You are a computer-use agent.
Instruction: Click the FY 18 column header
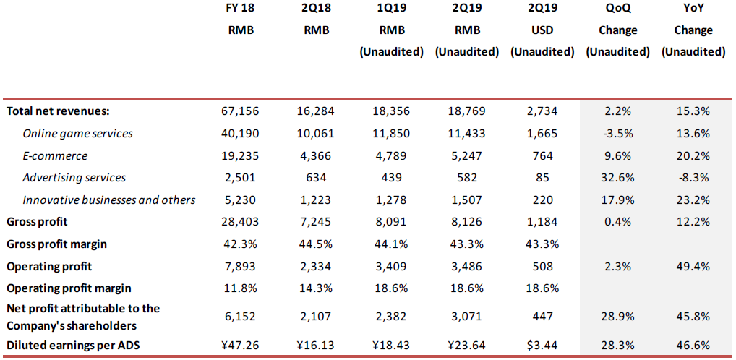pos(240,9)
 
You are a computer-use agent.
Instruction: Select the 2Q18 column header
pos(315,9)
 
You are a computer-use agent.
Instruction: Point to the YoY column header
pos(693,9)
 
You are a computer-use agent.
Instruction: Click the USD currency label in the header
pos(541,30)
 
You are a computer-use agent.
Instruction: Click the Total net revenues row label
pos(58,111)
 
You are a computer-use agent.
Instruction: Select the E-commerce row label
pos(55,155)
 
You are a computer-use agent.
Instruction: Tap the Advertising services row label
pos(74,178)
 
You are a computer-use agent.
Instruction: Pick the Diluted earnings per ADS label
pos(73,346)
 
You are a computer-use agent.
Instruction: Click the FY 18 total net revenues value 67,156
pos(240,111)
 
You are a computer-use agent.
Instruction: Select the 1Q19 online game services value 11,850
pos(391,134)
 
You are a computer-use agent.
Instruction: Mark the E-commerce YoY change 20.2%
pos(693,155)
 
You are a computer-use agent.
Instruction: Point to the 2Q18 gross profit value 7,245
pos(315,222)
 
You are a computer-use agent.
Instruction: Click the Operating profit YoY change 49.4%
pos(693,266)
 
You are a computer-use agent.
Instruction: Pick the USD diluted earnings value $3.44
pos(541,346)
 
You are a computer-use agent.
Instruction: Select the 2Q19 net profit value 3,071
pos(466,316)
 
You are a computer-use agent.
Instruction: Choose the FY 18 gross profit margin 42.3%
pos(240,244)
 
